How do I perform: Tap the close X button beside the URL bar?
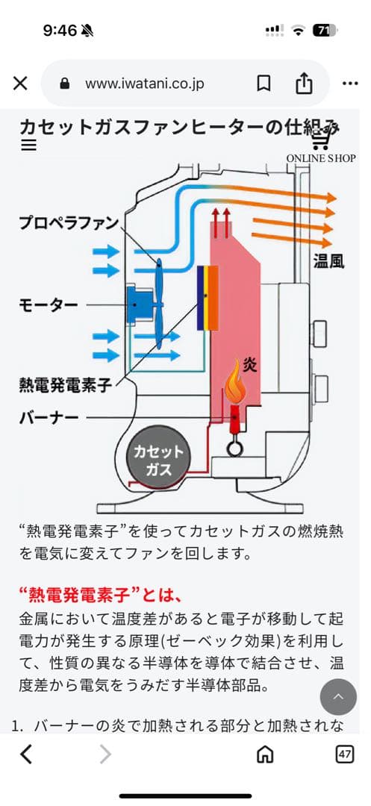(21, 84)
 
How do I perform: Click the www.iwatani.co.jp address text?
(144, 84)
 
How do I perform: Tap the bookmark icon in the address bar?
(264, 84)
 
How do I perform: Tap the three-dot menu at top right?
(350, 84)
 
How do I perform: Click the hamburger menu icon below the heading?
(29, 146)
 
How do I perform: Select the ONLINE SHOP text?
(321, 158)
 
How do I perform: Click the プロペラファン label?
(69, 222)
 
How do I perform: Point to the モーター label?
(46, 304)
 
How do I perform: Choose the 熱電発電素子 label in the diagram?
(65, 385)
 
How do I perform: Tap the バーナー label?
(48, 417)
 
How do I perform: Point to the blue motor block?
(139, 304)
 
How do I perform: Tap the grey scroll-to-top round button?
(338, 697)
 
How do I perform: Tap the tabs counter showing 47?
(344, 755)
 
